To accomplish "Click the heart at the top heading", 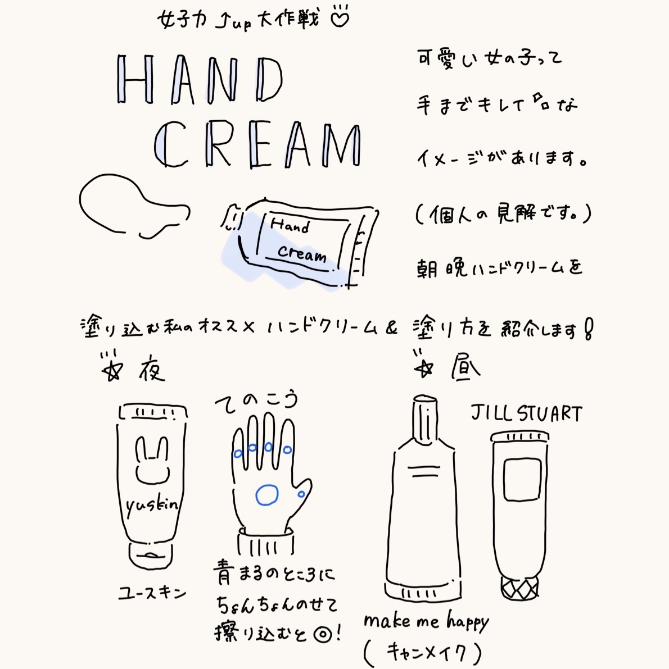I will (x=339, y=18).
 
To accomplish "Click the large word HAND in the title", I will (x=200, y=81).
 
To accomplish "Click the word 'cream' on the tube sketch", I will (x=302, y=254).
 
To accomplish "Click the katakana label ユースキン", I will (x=152, y=593).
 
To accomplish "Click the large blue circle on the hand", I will (x=266, y=495).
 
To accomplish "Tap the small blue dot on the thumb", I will (x=302, y=494).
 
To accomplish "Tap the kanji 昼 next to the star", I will (x=464, y=367).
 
